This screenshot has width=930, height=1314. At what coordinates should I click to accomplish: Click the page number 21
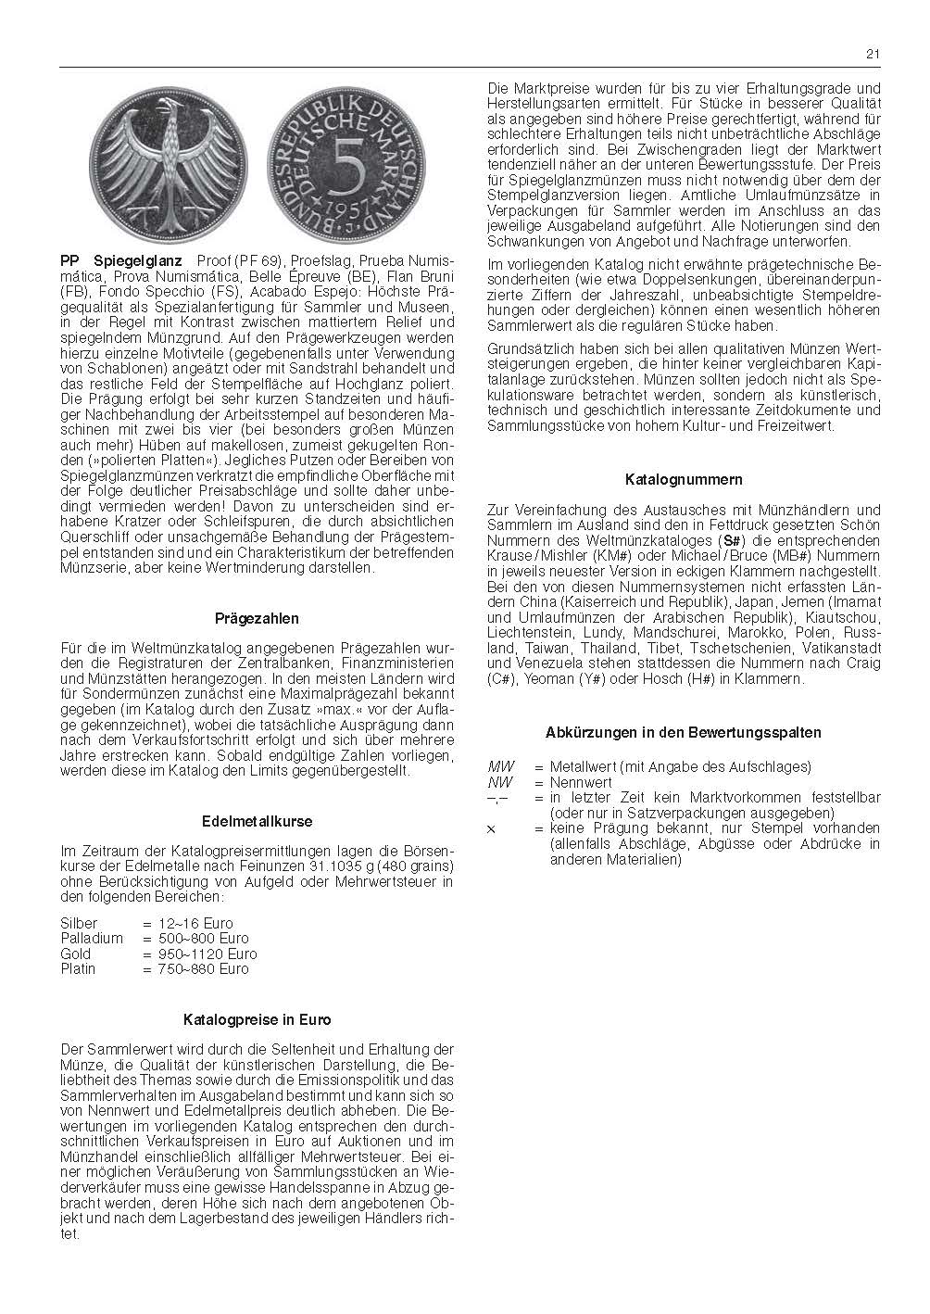click(873, 54)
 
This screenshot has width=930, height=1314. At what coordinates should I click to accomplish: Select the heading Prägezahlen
click(257, 618)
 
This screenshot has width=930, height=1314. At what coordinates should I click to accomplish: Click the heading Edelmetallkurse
click(257, 821)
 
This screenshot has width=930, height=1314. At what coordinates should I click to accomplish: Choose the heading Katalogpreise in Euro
click(257, 1019)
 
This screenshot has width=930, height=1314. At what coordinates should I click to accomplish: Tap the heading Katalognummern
click(684, 480)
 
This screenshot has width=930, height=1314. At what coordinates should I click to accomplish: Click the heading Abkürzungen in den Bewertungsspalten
click(684, 732)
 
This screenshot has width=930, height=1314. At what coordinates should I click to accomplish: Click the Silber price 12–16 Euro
click(196, 923)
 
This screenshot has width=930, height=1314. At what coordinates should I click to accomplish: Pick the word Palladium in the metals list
click(91, 938)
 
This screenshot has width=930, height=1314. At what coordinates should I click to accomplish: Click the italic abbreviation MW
click(500, 766)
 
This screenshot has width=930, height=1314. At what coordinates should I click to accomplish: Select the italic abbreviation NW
click(500, 782)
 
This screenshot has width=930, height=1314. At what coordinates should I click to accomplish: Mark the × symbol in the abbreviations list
click(491, 828)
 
